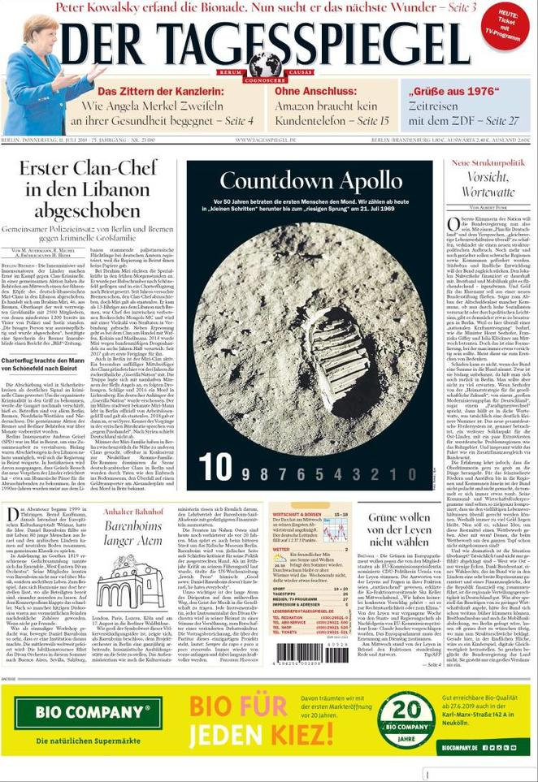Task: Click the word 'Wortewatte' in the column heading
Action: coord(488,192)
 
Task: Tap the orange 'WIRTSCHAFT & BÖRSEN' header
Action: coord(301,514)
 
